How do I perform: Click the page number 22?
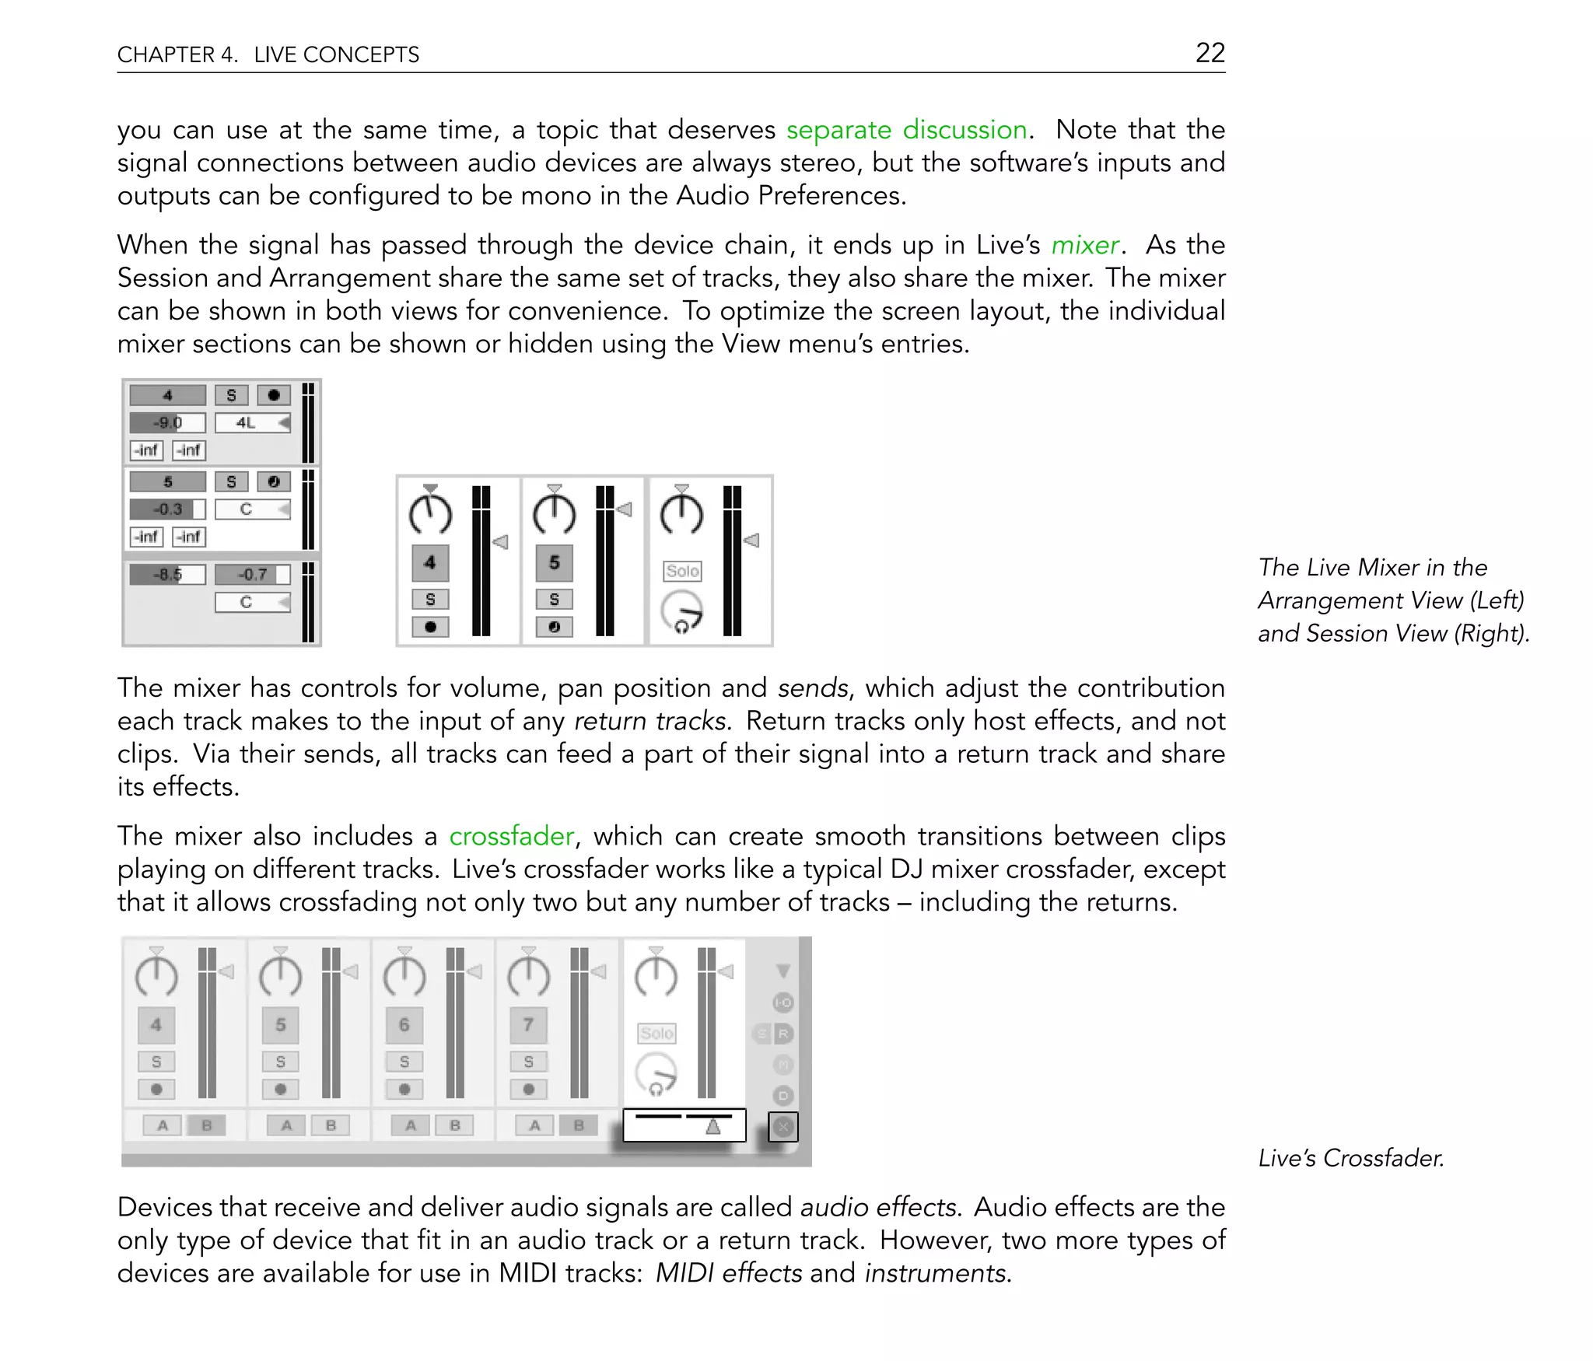point(1210,52)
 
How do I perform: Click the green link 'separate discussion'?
point(906,129)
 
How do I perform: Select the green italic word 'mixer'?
point(1084,245)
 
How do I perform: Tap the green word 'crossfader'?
point(511,836)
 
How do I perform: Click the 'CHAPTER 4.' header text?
point(177,54)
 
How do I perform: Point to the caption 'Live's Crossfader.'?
point(1350,1158)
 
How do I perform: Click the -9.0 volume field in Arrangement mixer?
point(167,423)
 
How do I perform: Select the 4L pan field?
point(252,423)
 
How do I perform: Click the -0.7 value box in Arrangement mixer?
point(252,575)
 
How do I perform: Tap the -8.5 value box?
point(167,575)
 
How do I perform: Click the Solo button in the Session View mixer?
point(682,571)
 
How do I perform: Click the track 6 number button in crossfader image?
point(404,1025)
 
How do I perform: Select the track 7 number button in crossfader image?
point(528,1025)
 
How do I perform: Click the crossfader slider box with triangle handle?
point(684,1125)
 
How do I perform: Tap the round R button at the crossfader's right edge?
point(783,1034)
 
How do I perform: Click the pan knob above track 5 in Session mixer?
point(554,514)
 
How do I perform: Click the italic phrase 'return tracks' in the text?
point(650,721)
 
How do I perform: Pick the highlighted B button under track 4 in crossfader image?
point(207,1125)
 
